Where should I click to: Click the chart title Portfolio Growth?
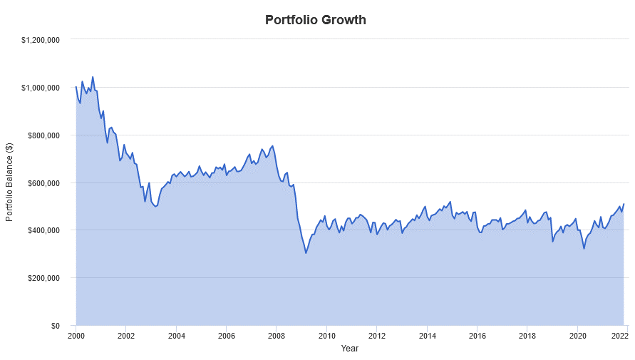[x=316, y=20]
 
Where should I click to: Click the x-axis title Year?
[x=349, y=349]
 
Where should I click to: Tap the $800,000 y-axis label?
[x=43, y=135]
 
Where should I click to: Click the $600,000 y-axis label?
[x=43, y=183]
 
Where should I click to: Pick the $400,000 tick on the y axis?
[x=43, y=230]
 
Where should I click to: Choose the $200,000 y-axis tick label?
[x=43, y=278]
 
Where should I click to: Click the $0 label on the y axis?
[x=54, y=326]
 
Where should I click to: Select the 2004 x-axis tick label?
[x=176, y=336]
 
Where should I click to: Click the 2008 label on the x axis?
[x=277, y=336]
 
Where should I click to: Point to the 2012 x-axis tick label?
[x=377, y=336]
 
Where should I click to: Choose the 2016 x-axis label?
[x=477, y=336]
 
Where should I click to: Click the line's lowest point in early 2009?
[x=306, y=253]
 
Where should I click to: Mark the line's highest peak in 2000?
[x=93, y=77]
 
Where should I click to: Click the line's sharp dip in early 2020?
[x=584, y=248]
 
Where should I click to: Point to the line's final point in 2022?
[x=624, y=205]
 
